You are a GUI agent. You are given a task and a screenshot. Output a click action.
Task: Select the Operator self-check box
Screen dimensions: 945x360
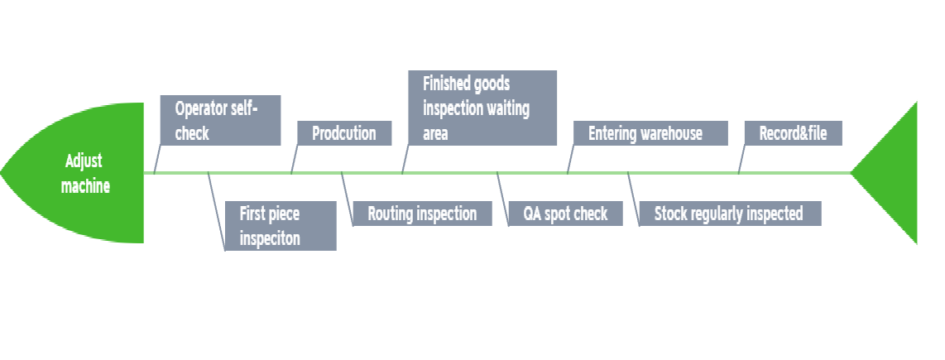[221, 120]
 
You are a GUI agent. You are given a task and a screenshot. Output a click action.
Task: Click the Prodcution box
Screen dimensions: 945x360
[344, 133]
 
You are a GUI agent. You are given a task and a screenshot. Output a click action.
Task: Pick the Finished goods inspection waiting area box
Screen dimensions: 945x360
[482, 108]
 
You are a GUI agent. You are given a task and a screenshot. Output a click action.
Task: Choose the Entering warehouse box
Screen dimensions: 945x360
[650, 133]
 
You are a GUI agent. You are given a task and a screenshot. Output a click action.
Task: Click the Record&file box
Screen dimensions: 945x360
[793, 133]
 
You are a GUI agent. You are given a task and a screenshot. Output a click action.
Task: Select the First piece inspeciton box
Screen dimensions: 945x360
[281, 226]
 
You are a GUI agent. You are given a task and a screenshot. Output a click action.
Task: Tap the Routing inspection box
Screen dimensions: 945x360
[422, 214]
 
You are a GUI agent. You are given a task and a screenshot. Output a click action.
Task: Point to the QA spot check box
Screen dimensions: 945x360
[565, 214]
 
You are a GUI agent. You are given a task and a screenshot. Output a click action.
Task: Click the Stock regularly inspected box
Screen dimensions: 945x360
[730, 214]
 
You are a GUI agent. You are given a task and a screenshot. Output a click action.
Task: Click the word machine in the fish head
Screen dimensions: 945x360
[85, 185]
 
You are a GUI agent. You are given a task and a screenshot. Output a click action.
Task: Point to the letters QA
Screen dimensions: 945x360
[532, 214]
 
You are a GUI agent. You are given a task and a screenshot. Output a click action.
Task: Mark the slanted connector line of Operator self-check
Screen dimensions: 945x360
[157, 159]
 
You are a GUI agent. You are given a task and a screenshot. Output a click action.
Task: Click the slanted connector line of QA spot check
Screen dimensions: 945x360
[502, 199]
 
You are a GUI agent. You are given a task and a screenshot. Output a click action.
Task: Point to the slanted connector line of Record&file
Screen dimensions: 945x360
[742, 159]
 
